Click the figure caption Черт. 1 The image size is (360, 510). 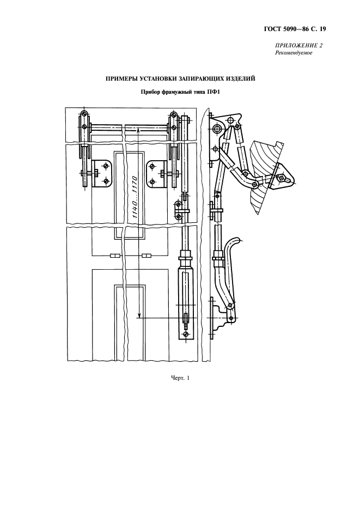pyautogui.click(x=179, y=379)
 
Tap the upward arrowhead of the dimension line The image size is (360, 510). pyautogui.click(x=139, y=130)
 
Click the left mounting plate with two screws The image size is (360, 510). pyautogui.click(x=102, y=173)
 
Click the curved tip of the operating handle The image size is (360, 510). pyautogui.click(x=237, y=240)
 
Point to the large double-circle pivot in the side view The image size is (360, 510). pyautogui.click(x=217, y=129)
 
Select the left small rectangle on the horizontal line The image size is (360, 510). pyautogui.click(x=115, y=256)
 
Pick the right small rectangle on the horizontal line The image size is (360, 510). pyautogui.click(x=147, y=256)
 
